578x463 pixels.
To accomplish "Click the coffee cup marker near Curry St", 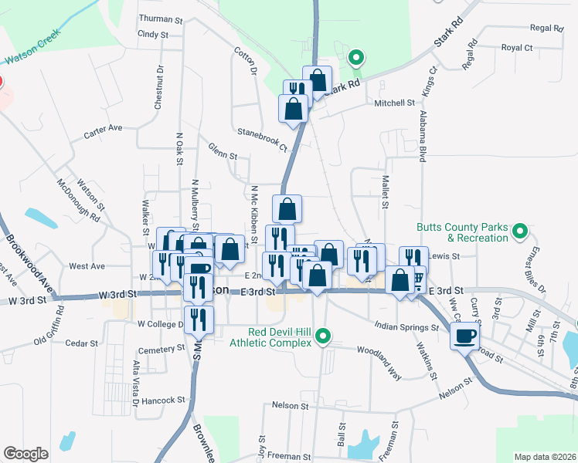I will (465, 336).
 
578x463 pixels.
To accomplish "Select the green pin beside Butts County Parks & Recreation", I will (520, 230).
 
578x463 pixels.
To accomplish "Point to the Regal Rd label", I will (547, 28).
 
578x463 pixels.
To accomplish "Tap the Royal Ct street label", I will (517, 48).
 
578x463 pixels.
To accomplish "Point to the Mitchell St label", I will (395, 103).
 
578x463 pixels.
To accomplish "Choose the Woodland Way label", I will (379, 353).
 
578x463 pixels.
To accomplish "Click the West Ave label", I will (87, 266).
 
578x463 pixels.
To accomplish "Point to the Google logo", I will (25, 454).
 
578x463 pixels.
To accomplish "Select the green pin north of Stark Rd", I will (355, 57).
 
